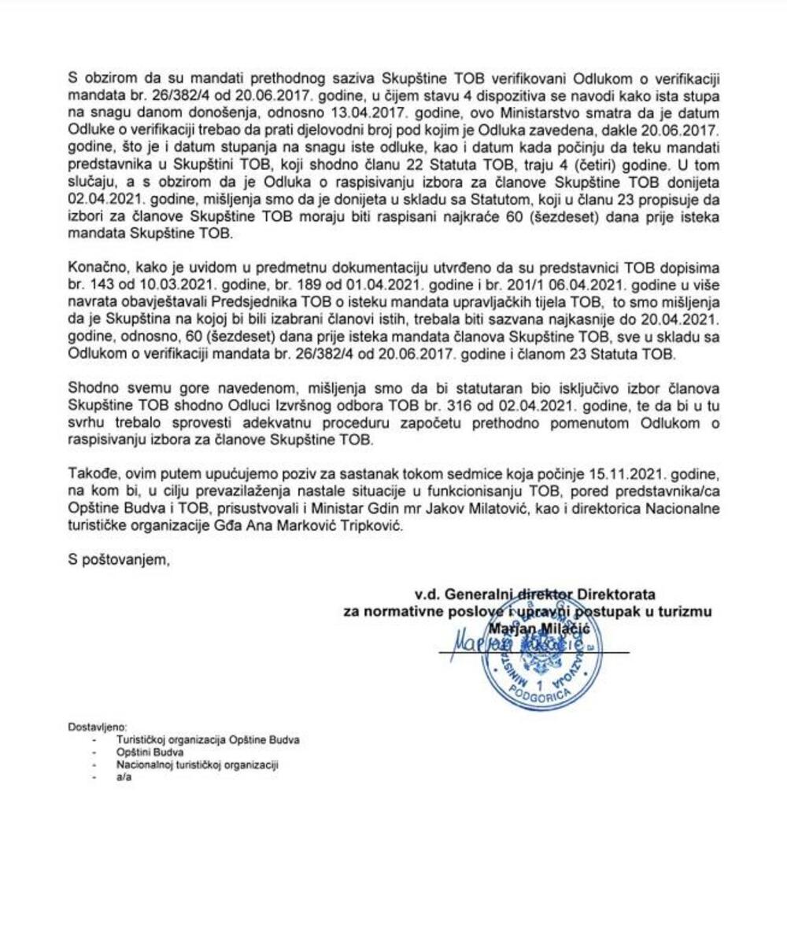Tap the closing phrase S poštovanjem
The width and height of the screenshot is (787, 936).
119,561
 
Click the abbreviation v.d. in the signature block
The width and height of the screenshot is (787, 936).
427,593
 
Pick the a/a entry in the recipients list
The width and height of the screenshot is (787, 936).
123,776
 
